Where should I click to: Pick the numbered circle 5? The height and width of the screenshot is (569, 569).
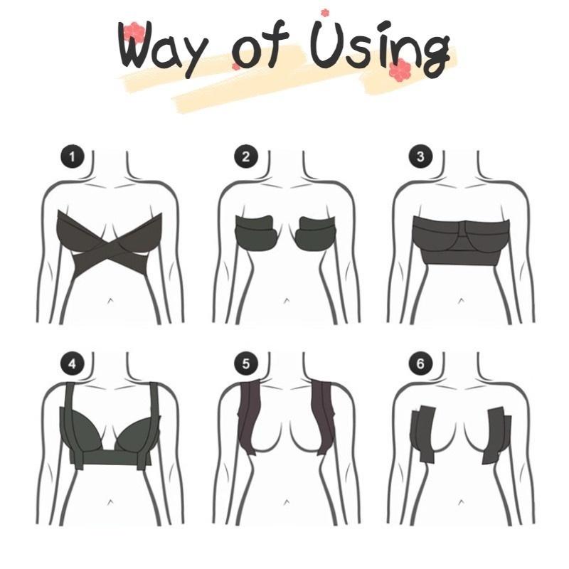245,365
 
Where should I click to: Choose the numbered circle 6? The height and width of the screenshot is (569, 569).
420,365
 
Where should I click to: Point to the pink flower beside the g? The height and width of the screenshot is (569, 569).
403,68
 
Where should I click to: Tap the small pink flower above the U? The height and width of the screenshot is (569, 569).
325,12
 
